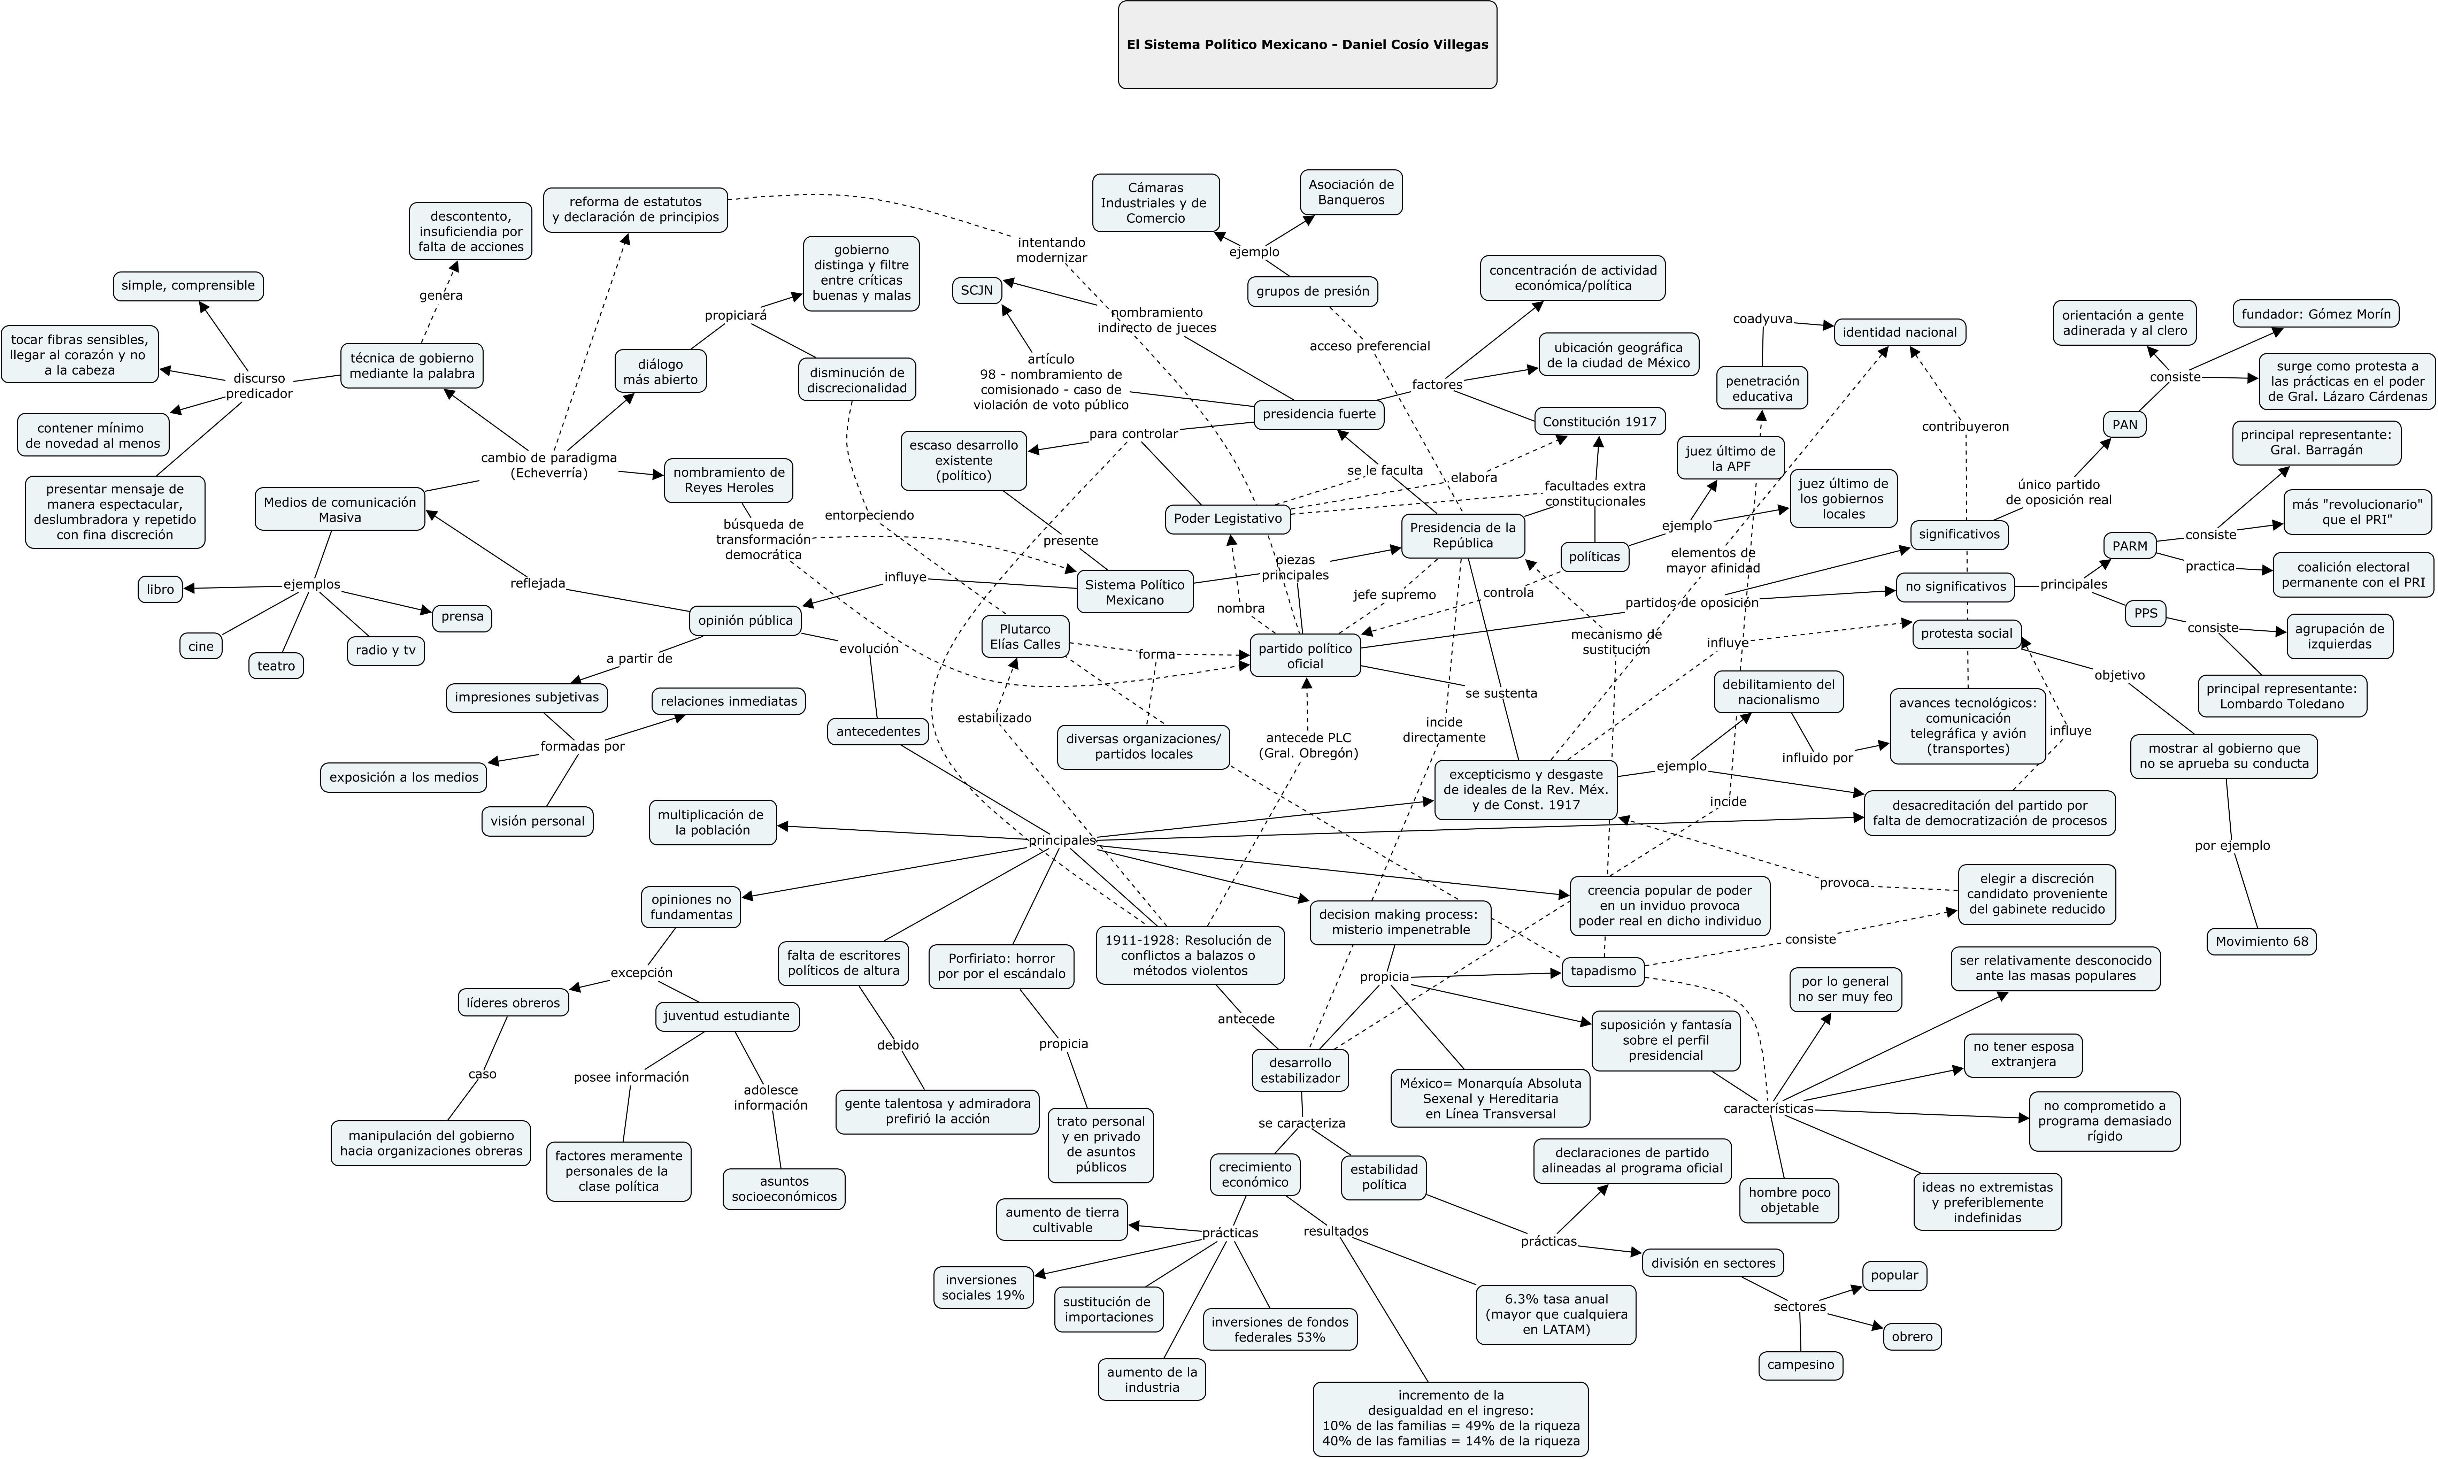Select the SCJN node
click(977, 291)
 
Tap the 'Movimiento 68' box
click(2261, 941)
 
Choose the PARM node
click(2129, 547)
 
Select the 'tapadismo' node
click(1603, 972)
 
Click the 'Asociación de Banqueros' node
click(1351, 192)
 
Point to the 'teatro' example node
click(276, 666)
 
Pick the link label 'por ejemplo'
click(2232, 845)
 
